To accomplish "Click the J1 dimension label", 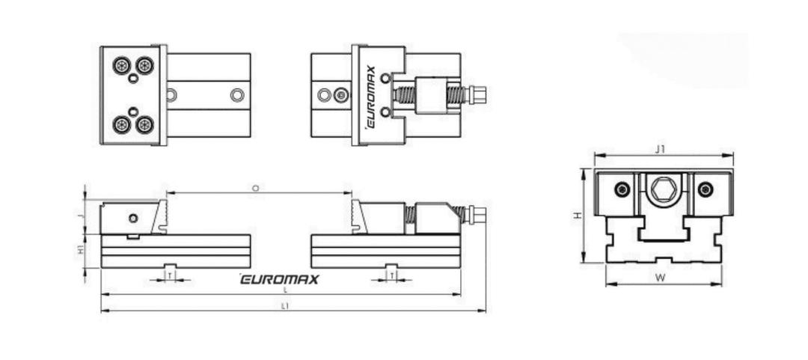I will [x=659, y=149].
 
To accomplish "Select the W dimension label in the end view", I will [x=661, y=278].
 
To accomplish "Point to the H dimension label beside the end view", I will [x=577, y=215].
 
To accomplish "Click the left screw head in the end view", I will [x=622, y=190].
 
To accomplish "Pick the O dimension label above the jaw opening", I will [x=255, y=189].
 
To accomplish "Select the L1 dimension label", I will [x=285, y=305].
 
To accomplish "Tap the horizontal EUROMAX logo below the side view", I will [x=279, y=279].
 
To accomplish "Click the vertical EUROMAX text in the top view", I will [x=370, y=96].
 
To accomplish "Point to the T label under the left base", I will [x=170, y=276].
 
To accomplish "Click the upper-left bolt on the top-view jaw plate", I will [x=121, y=66].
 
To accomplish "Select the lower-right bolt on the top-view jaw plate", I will [x=145, y=124].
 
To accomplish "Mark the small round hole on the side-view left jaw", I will [x=132, y=217].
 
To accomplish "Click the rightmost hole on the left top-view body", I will [x=237, y=95].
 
